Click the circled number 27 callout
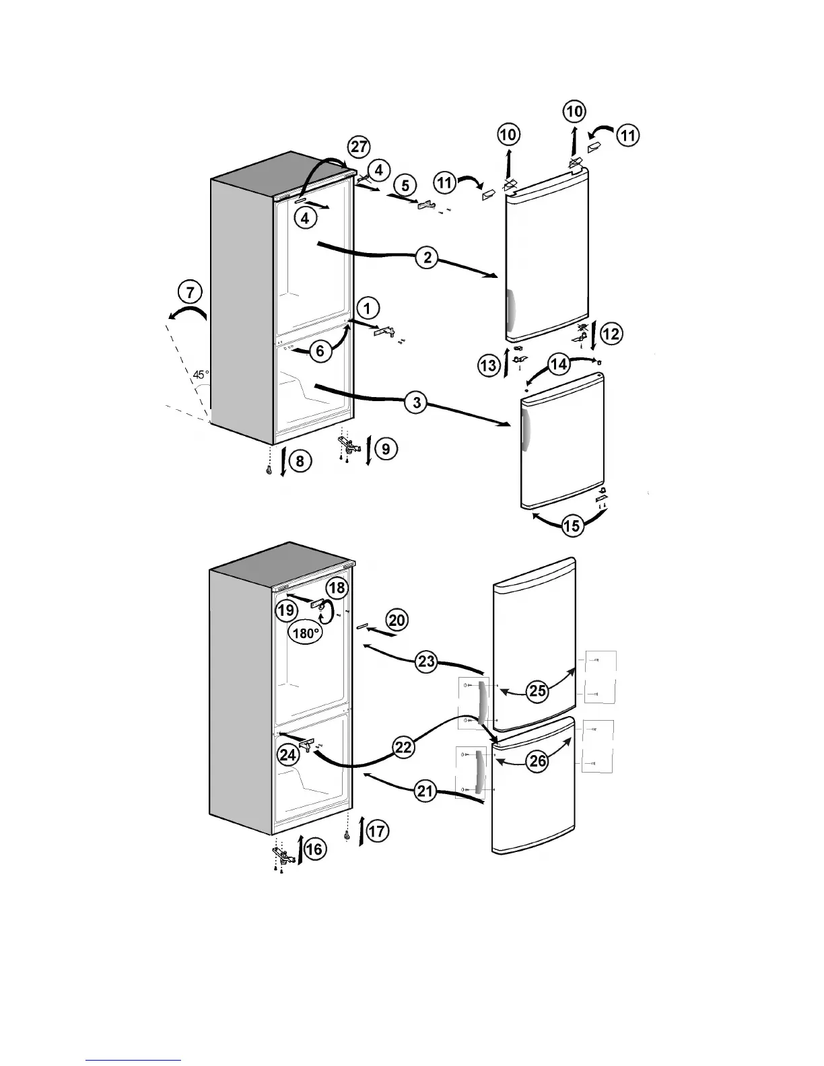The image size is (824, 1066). point(359,147)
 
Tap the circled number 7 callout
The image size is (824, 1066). point(190,292)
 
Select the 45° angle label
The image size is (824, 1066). point(201,374)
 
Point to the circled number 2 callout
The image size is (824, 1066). point(427,258)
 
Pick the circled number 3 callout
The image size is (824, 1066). point(417,402)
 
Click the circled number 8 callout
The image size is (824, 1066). point(300,461)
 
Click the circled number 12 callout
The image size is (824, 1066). point(611,333)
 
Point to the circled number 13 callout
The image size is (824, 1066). point(489,365)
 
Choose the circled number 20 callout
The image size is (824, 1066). point(397,619)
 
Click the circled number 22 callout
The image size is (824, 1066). point(403,747)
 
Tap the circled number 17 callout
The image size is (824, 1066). point(377,831)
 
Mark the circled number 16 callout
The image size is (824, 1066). point(314,849)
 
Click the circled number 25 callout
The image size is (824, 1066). point(537,691)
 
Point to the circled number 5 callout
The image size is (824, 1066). point(404,184)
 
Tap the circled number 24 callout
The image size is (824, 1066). point(288,755)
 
